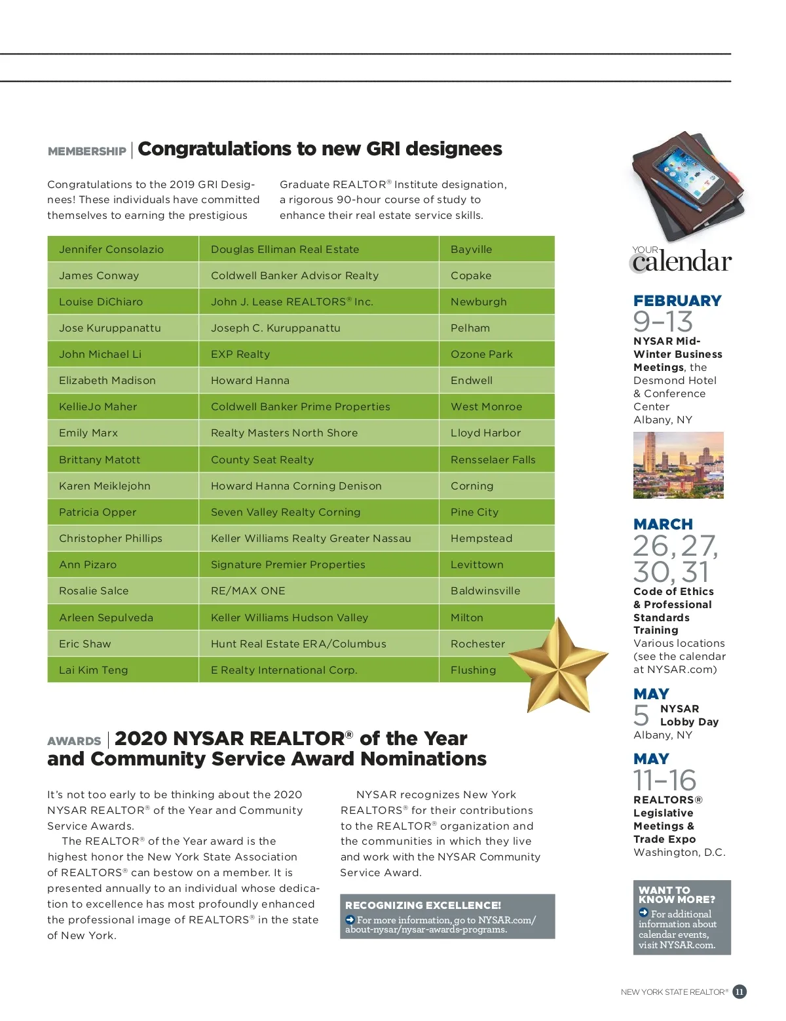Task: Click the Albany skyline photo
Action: (678, 465)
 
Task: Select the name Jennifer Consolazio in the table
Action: (111, 249)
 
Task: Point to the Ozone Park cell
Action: (481, 354)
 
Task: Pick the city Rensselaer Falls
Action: (493, 459)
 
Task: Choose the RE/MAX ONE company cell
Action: (248, 590)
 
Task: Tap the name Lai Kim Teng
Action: (93, 670)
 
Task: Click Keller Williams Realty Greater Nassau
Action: (310, 538)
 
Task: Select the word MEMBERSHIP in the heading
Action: (86, 151)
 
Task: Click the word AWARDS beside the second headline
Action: (74, 741)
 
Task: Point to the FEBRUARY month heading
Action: (677, 301)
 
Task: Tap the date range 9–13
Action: (662, 322)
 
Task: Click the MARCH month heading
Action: (663, 524)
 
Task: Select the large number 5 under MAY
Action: (641, 715)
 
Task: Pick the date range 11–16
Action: (664, 780)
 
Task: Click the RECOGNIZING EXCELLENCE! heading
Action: (422, 905)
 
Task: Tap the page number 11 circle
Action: (739, 992)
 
